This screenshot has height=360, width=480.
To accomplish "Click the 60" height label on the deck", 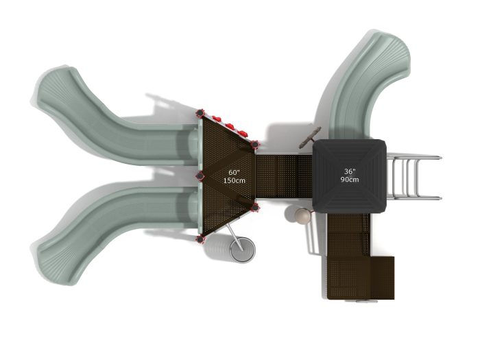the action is [234, 172].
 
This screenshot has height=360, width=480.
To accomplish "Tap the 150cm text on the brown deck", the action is [235, 180].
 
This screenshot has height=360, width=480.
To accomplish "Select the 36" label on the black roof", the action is [350, 171].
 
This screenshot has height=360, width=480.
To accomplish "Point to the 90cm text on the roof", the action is [350, 180].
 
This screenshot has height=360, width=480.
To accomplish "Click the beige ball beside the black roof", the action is [302, 215].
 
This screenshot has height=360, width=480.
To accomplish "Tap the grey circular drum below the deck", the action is [243, 250].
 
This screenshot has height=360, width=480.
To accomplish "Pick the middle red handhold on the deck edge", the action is [230, 125].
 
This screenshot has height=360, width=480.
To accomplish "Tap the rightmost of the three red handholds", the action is [243, 133].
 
